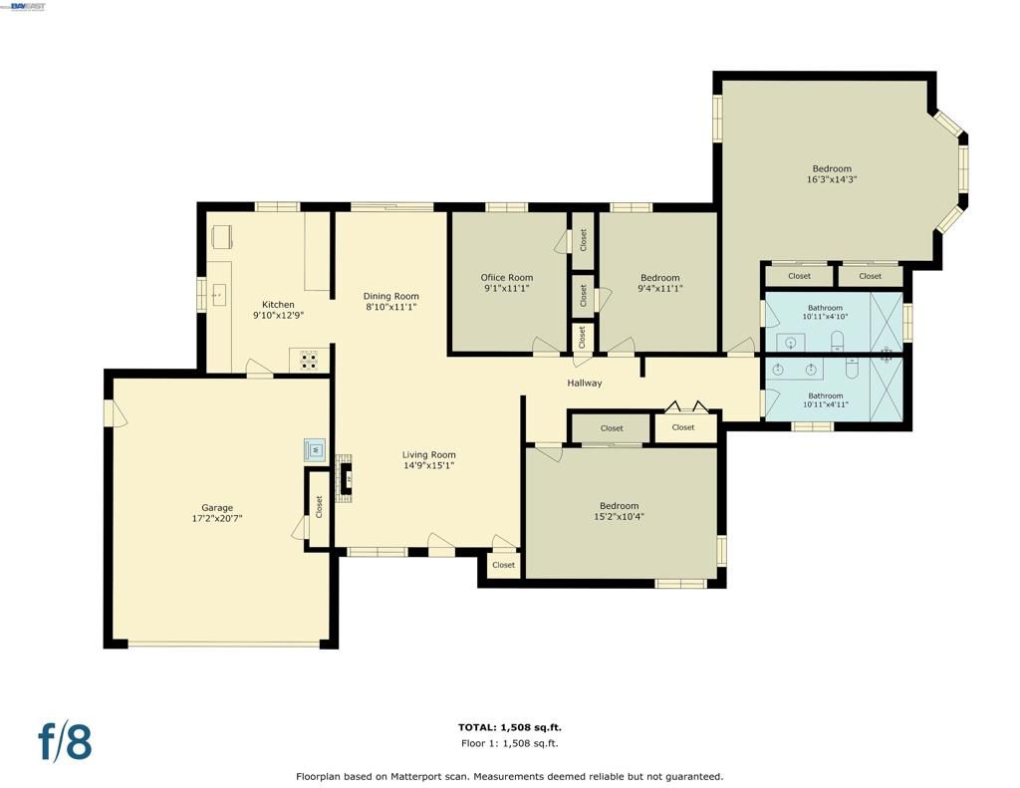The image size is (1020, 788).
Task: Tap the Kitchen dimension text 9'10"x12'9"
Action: pyautogui.click(x=278, y=315)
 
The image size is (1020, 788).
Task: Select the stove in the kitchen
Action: pyautogui.click(x=310, y=360)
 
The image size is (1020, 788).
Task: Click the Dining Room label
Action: pyautogui.click(x=390, y=296)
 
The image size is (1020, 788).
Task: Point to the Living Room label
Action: pyautogui.click(x=428, y=454)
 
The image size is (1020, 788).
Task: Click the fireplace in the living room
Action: pyautogui.click(x=346, y=479)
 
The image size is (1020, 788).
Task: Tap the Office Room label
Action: pyautogui.click(x=506, y=278)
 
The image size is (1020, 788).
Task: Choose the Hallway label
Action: pyautogui.click(x=585, y=383)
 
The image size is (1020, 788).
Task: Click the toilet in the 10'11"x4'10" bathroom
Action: pyautogui.click(x=838, y=339)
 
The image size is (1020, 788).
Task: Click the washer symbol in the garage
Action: pyautogui.click(x=315, y=449)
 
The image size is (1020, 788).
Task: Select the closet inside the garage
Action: pyautogui.click(x=319, y=506)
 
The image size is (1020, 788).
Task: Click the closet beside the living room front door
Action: pyautogui.click(x=504, y=565)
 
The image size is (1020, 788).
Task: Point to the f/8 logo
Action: pyautogui.click(x=65, y=742)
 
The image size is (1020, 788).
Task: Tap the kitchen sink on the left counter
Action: pyautogui.click(x=219, y=295)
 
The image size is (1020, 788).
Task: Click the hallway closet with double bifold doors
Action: pyautogui.click(x=683, y=427)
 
